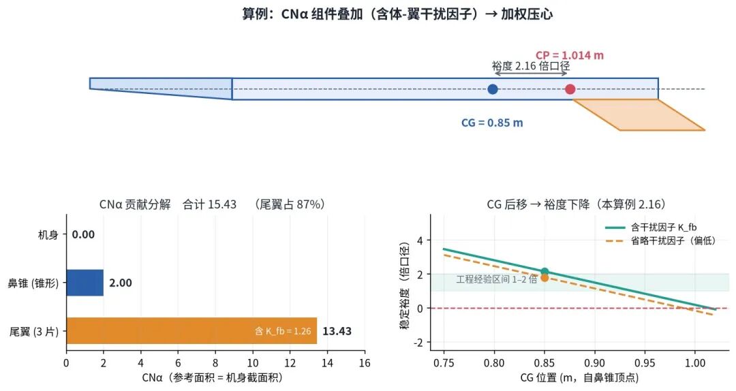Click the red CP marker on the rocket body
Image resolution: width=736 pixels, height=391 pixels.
point(570,89)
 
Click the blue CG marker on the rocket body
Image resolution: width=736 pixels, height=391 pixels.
point(493,89)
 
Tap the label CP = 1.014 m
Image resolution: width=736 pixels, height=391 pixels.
point(569,55)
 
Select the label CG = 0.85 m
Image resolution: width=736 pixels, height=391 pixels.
point(492,123)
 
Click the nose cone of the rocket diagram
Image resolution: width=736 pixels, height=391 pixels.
point(161,89)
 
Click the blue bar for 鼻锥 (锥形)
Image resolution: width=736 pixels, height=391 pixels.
point(85,283)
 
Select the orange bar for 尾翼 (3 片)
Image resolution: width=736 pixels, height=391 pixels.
point(191,331)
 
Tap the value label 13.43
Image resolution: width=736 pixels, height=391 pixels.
point(337,331)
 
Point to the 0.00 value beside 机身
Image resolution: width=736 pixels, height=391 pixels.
point(83,235)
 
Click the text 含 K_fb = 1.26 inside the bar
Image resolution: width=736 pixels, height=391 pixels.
point(283,331)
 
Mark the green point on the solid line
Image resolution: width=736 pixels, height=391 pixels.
point(545,271)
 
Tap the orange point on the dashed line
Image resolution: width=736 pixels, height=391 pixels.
point(545,278)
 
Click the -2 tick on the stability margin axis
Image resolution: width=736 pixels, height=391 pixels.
point(418,343)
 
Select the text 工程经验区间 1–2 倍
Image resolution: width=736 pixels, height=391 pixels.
point(497,279)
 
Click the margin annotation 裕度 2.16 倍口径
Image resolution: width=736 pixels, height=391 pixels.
point(531,66)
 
